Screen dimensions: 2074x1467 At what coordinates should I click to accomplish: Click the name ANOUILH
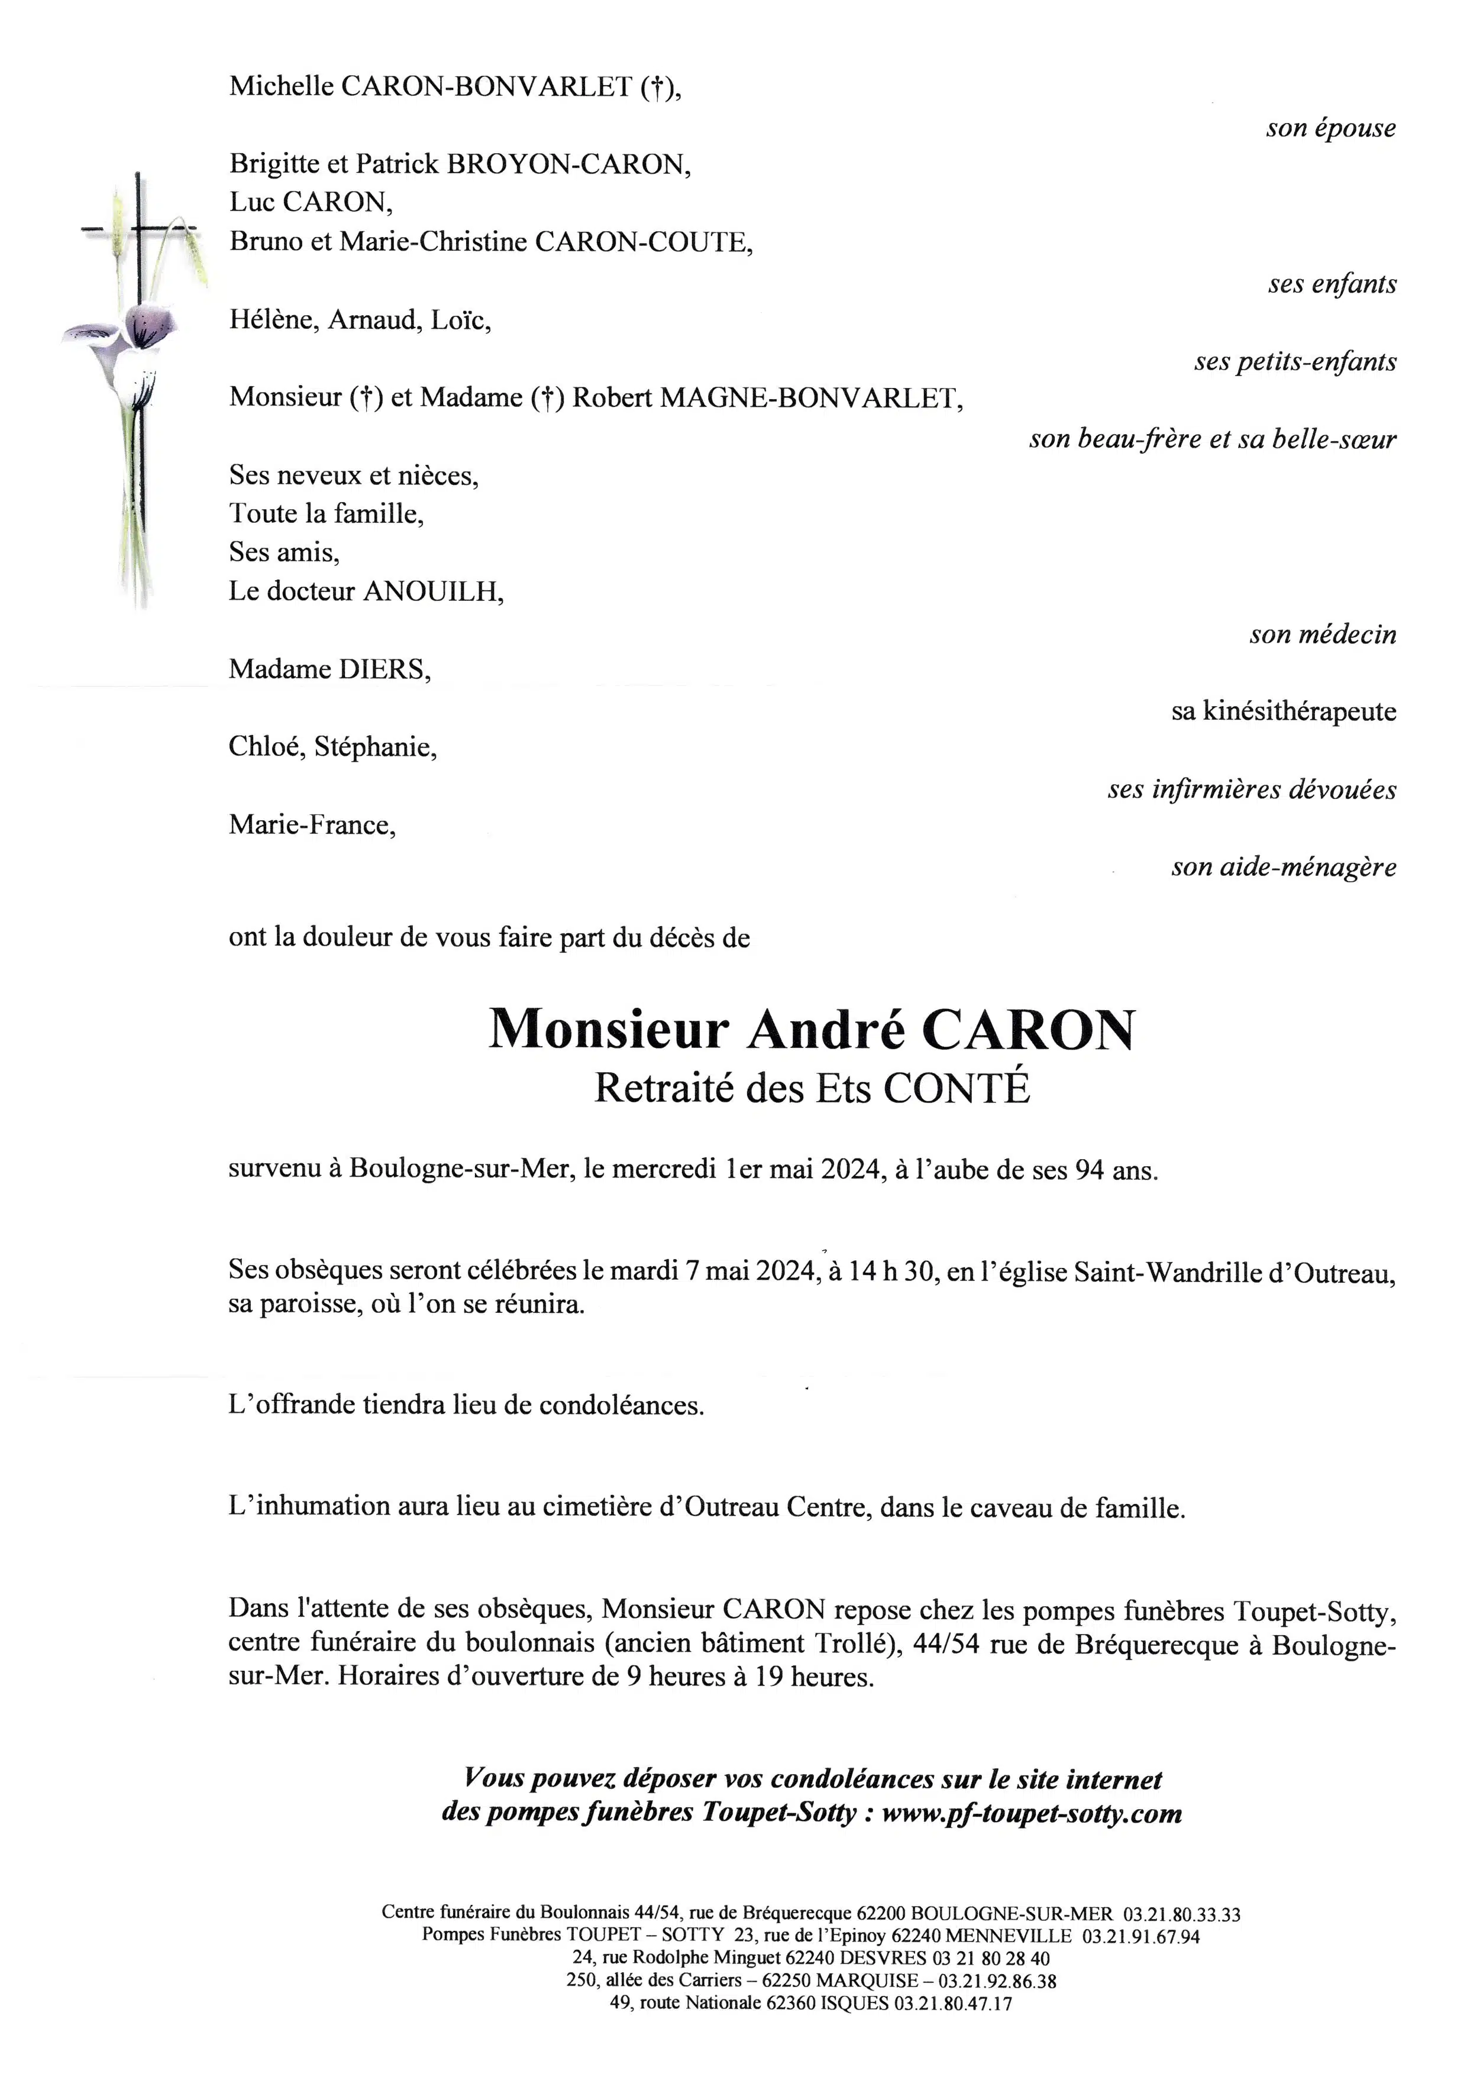432,591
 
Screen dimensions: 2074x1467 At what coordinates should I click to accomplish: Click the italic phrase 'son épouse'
1330,128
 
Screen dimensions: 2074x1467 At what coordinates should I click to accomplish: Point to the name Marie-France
312,825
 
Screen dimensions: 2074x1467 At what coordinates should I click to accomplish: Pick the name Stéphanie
375,748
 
